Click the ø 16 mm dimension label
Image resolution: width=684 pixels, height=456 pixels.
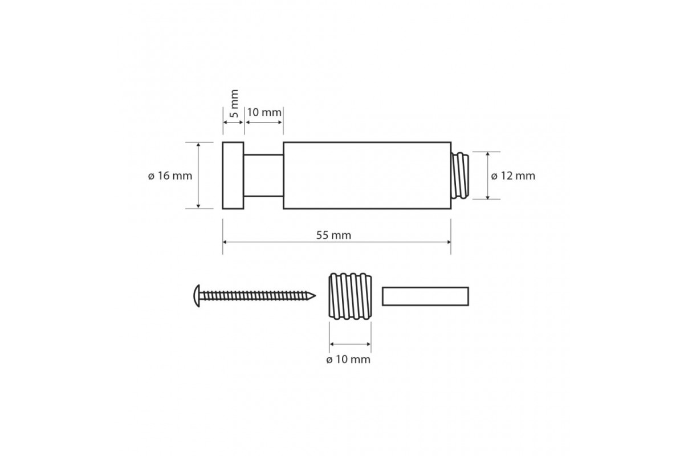tap(170, 176)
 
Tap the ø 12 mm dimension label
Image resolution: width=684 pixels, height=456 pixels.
tap(513, 176)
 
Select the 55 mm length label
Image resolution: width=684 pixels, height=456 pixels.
tap(333, 235)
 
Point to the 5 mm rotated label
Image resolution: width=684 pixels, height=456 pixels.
tap(234, 104)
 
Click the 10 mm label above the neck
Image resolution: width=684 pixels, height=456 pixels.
tap(264, 112)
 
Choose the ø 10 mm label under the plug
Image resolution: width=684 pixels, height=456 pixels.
tap(348, 360)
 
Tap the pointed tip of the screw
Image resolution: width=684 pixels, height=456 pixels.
tap(315, 295)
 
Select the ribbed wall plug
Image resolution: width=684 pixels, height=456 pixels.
tap(350, 296)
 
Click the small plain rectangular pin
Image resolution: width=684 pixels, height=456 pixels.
tap(425, 296)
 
